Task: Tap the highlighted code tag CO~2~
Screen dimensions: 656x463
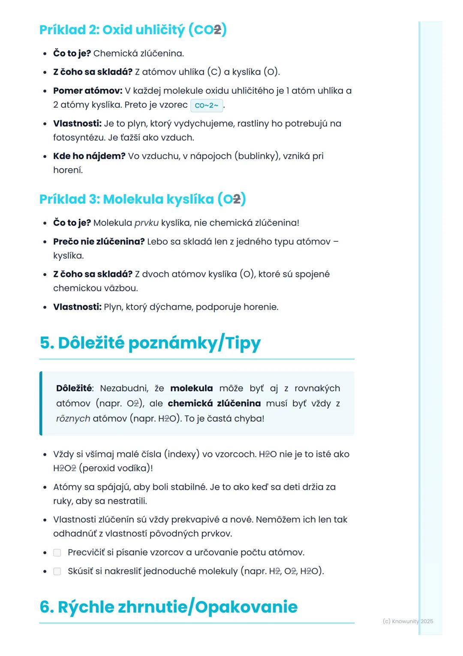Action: point(206,105)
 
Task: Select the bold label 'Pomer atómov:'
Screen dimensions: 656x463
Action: point(87,91)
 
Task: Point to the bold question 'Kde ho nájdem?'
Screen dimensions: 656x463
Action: point(89,156)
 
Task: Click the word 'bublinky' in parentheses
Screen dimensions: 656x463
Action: point(257,156)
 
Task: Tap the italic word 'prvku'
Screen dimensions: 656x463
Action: point(146,223)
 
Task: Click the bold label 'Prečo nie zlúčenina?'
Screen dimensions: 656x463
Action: point(99,241)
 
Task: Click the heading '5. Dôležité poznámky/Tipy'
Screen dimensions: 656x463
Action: point(150,343)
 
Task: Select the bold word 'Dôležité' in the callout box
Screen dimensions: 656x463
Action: point(74,388)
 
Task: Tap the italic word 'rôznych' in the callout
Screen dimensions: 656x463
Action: point(73,418)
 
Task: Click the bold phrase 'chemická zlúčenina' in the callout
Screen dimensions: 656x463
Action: point(214,403)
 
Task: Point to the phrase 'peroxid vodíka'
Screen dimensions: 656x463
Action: point(116,468)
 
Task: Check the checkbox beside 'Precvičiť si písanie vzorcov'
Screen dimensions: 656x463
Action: point(57,553)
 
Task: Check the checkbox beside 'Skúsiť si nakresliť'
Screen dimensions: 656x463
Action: point(57,571)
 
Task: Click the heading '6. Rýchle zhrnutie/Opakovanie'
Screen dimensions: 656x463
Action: point(168,607)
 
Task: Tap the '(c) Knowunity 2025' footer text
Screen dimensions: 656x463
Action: point(408,621)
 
